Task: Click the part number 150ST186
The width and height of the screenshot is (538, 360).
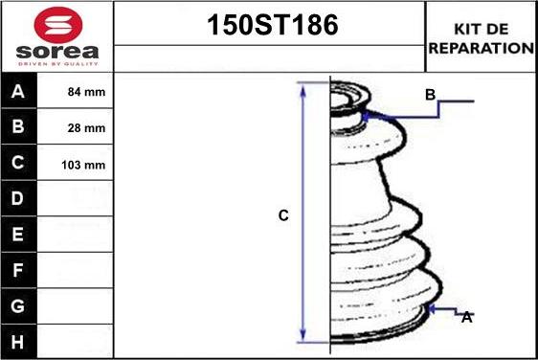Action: [273, 25]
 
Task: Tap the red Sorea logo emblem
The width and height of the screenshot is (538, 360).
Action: [58, 24]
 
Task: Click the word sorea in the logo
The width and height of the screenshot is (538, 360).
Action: [57, 52]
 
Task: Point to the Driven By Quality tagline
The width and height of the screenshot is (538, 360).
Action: [57, 64]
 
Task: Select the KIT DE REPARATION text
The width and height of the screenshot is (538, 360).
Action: [482, 38]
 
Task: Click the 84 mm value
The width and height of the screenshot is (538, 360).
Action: [86, 92]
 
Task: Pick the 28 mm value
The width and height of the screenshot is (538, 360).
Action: [86, 128]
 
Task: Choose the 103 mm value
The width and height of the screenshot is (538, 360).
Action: [83, 165]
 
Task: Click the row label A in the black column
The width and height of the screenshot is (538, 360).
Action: [18, 91]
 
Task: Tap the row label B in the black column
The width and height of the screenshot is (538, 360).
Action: [18, 126]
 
